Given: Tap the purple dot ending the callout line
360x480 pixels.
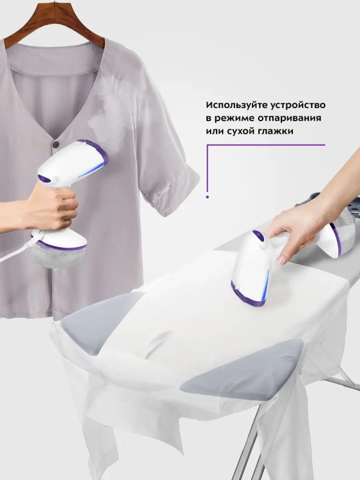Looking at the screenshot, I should click(208, 196).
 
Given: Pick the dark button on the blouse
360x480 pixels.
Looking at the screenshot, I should click(56, 143).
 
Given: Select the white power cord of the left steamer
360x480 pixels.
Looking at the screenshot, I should click(15, 249).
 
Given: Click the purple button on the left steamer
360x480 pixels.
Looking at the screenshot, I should click(44, 178).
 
